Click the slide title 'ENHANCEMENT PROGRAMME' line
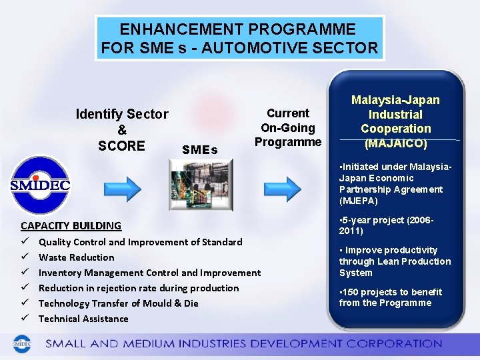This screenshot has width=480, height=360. point(238,29)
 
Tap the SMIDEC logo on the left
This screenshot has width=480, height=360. point(40,185)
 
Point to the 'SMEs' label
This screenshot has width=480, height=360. point(199,150)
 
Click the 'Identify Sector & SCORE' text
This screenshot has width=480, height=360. point(122,130)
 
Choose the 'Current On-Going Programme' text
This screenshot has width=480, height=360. point(287,127)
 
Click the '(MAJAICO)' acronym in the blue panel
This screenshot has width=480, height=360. point(395,143)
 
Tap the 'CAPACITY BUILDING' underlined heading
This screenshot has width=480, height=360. point(71,225)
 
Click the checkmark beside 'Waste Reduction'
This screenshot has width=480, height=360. point(25,257)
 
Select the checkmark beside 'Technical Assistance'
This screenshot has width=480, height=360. point(25,319)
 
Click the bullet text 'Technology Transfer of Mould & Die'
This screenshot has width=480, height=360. point(118,303)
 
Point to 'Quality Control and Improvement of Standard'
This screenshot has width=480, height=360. point(140,242)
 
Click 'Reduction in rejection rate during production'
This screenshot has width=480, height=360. point(138,288)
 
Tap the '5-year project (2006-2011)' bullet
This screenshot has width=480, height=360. point(387,225)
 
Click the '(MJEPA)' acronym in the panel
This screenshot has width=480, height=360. point(358,201)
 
